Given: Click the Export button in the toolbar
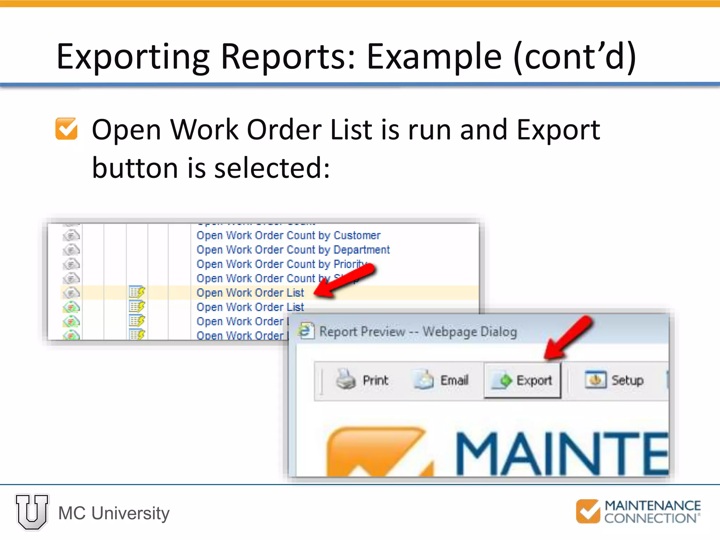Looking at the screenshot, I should pos(522,380).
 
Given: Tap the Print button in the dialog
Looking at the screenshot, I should pos(362,380).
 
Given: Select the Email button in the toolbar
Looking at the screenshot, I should pos(441,380).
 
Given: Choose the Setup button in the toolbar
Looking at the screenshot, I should pos(614,380).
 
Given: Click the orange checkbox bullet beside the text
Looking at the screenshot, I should pos(66,129).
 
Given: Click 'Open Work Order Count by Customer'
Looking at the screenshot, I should pos(288,235).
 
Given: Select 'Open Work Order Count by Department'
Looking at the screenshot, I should pos(293,250).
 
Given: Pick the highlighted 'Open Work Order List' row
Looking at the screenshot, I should pos(250,292).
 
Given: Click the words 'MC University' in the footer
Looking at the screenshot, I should pos(114,513).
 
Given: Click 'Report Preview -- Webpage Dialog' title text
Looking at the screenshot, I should pos(418,332).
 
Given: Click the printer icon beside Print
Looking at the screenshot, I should pos(346,379).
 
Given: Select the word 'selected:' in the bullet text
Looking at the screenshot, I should pos(272,168).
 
